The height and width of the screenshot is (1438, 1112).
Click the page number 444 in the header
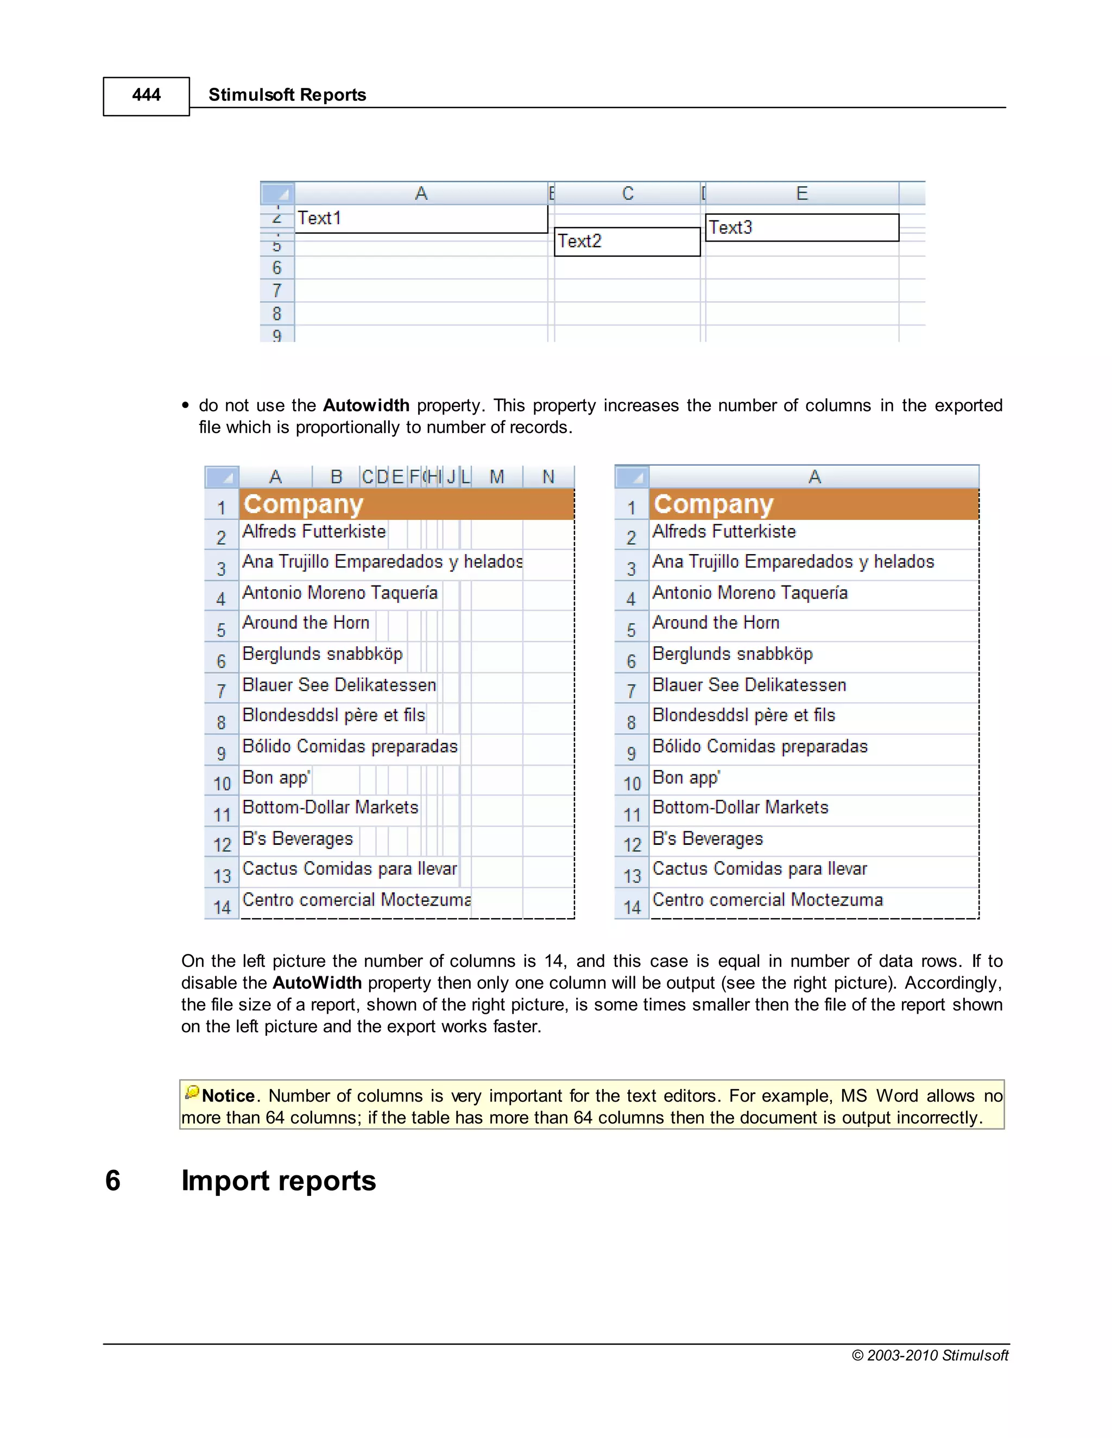pos(146,96)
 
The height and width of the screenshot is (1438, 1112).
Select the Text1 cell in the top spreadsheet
pos(319,219)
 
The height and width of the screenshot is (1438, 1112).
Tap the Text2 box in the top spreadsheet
pos(580,241)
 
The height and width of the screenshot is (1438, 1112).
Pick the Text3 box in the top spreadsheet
pos(731,228)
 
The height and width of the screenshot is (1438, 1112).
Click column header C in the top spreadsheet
pos(628,194)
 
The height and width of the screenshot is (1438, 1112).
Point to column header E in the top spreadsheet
pos(802,194)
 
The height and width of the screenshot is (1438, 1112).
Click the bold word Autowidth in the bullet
pos(367,405)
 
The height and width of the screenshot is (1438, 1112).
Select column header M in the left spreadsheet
pos(497,476)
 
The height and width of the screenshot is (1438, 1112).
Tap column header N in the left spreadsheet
pos(548,476)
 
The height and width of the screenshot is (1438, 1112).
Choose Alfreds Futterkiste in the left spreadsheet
pos(314,532)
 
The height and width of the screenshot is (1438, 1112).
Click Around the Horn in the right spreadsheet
pos(716,623)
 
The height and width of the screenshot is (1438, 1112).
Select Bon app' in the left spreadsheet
pos(276,778)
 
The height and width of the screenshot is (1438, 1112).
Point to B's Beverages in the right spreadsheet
pos(707,839)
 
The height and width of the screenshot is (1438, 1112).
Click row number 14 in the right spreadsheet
pos(632,907)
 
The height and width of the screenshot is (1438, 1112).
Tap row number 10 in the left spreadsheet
pos(222,784)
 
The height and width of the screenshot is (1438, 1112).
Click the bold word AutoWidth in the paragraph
pos(317,983)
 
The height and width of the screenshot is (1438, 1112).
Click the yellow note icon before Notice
pos(192,1093)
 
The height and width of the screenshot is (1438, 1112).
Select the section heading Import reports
pos(279,1181)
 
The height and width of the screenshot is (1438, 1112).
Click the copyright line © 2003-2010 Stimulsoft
pos(930,1355)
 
